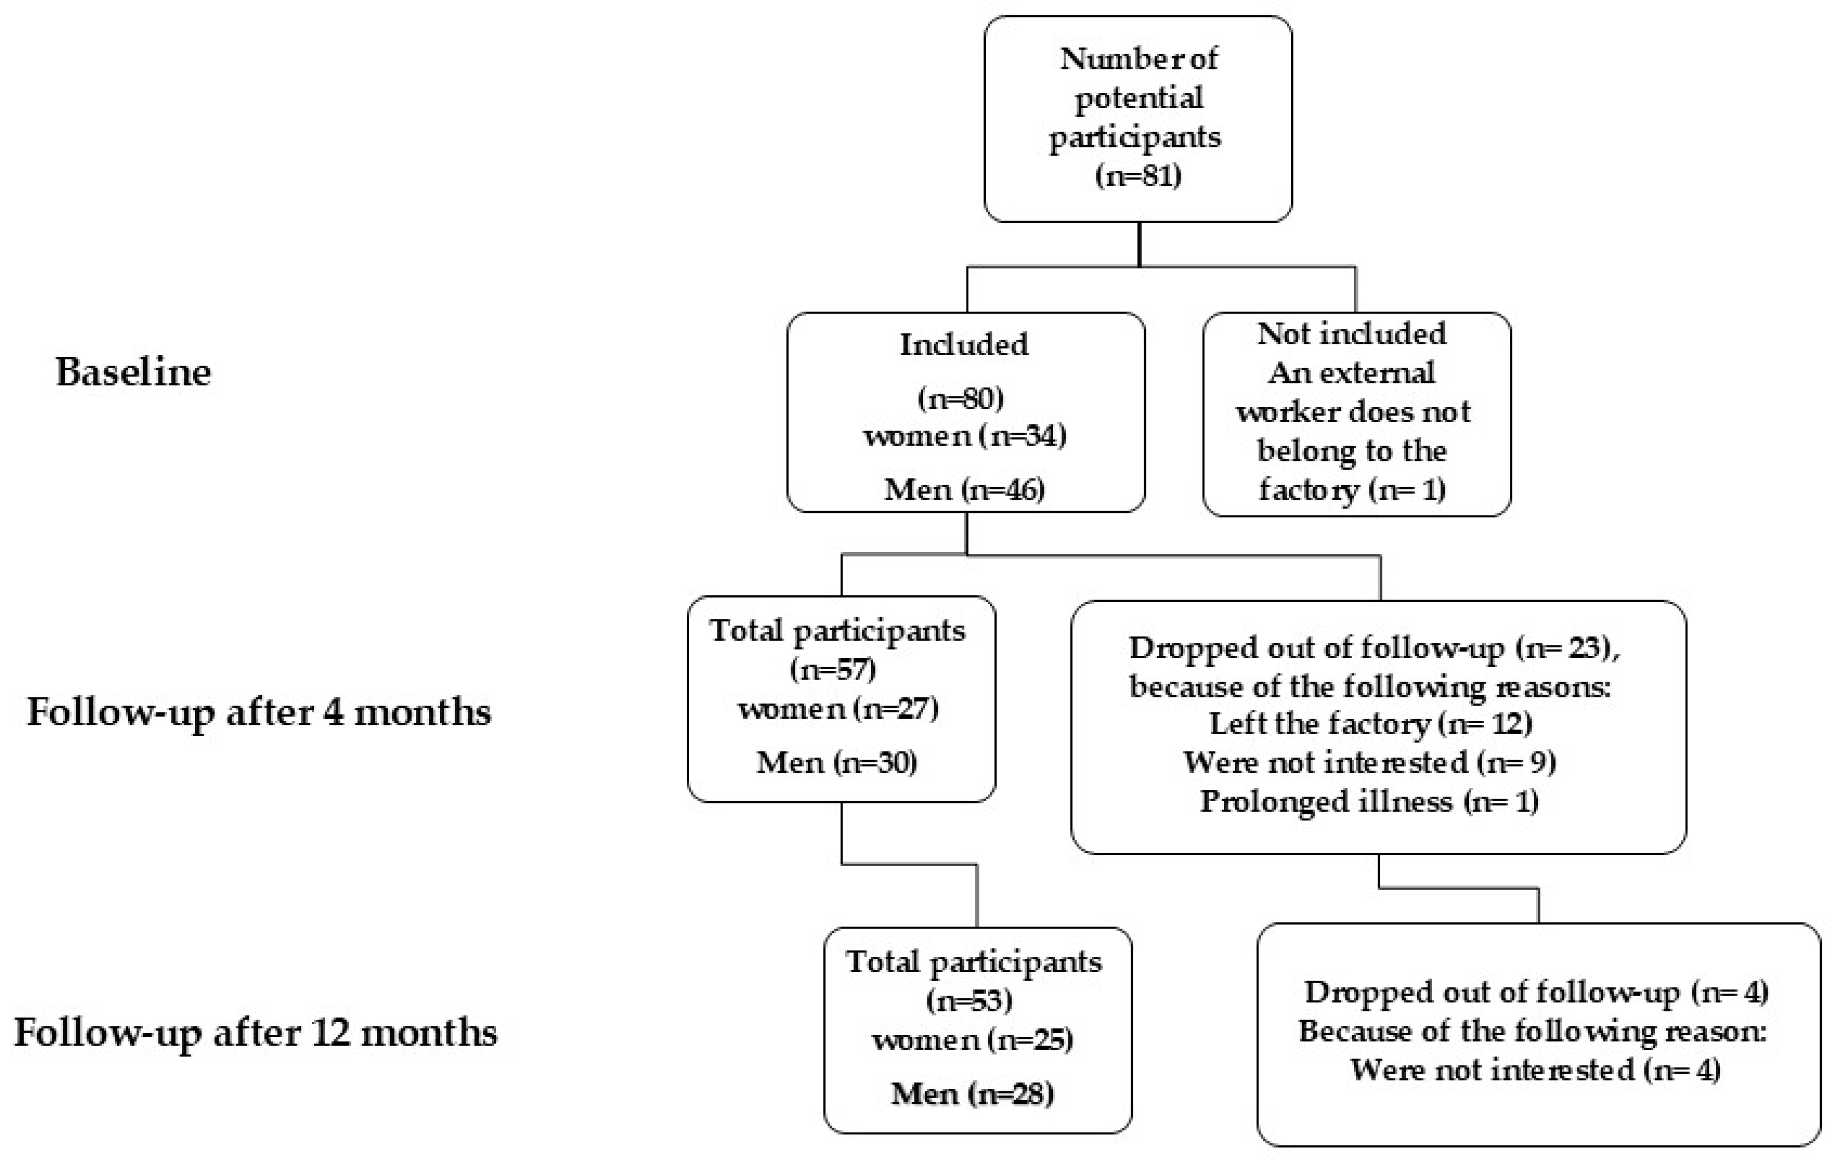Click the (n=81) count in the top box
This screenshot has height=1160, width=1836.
coord(1138,176)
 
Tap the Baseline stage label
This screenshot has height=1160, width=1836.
coord(133,372)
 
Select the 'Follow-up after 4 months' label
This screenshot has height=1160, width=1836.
coord(259,713)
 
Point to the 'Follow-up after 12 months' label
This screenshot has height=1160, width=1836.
coord(256,1033)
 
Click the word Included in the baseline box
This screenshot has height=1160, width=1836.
coord(964,345)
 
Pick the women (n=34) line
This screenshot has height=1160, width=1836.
coord(964,436)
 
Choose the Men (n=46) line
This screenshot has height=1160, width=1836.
coord(964,489)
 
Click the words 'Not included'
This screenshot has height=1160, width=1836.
coord(1351,334)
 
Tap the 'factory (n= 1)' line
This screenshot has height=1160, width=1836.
coord(1352,489)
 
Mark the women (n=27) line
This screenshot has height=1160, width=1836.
coord(838,709)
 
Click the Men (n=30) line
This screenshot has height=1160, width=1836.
coord(837,762)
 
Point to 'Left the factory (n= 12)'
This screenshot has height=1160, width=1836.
coord(1370,723)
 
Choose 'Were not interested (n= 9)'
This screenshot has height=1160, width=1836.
coord(1369,762)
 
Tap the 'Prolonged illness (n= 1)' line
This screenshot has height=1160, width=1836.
coord(1369,802)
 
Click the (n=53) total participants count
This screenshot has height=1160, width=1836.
coord(969,1000)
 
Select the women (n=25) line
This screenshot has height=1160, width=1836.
coord(972,1040)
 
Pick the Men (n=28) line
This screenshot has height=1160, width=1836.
coord(972,1094)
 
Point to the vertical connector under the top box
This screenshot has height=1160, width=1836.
coord(1139,244)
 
